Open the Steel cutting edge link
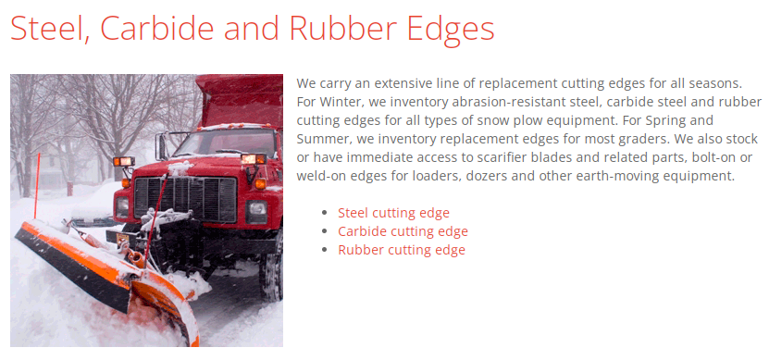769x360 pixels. click(x=393, y=213)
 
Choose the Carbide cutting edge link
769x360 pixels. click(x=403, y=231)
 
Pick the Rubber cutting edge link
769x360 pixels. click(x=401, y=250)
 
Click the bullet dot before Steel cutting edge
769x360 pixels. click(x=324, y=214)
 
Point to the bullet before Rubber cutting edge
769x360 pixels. click(x=324, y=251)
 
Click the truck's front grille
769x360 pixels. click(x=185, y=198)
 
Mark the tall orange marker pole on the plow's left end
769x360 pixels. click(x=37, y=185)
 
